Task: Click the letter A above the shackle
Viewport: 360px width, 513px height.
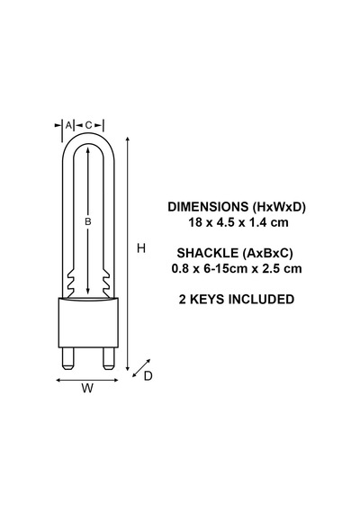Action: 68,125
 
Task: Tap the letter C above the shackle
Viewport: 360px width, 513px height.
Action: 88,125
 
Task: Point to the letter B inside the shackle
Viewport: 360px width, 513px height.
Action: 87,221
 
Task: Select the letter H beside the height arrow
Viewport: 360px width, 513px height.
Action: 141,248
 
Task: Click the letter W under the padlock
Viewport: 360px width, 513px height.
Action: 87,388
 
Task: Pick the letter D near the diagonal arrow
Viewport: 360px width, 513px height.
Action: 148,376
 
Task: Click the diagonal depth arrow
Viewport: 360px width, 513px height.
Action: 141,368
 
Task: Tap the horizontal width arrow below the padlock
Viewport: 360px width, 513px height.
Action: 87,380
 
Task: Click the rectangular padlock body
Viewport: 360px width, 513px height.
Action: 87,322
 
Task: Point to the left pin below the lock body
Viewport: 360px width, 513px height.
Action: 68,358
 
